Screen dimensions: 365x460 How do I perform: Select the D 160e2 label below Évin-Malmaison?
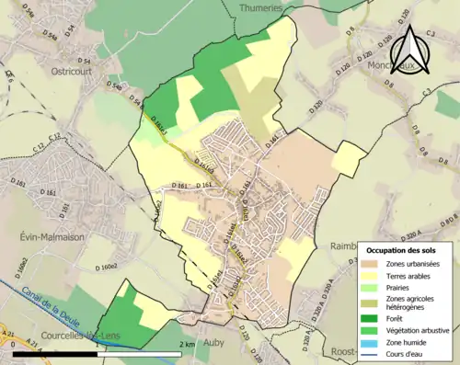[106, 267]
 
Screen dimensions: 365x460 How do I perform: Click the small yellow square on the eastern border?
[349, 160]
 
